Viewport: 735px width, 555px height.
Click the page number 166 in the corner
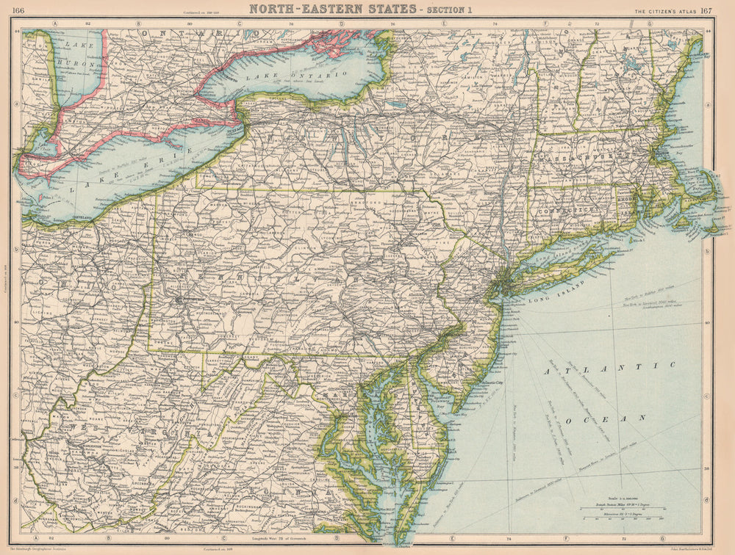click(18, 9)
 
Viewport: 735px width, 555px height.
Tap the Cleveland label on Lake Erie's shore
click(83, 218)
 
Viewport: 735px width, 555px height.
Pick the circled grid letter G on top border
click(650, 23)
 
